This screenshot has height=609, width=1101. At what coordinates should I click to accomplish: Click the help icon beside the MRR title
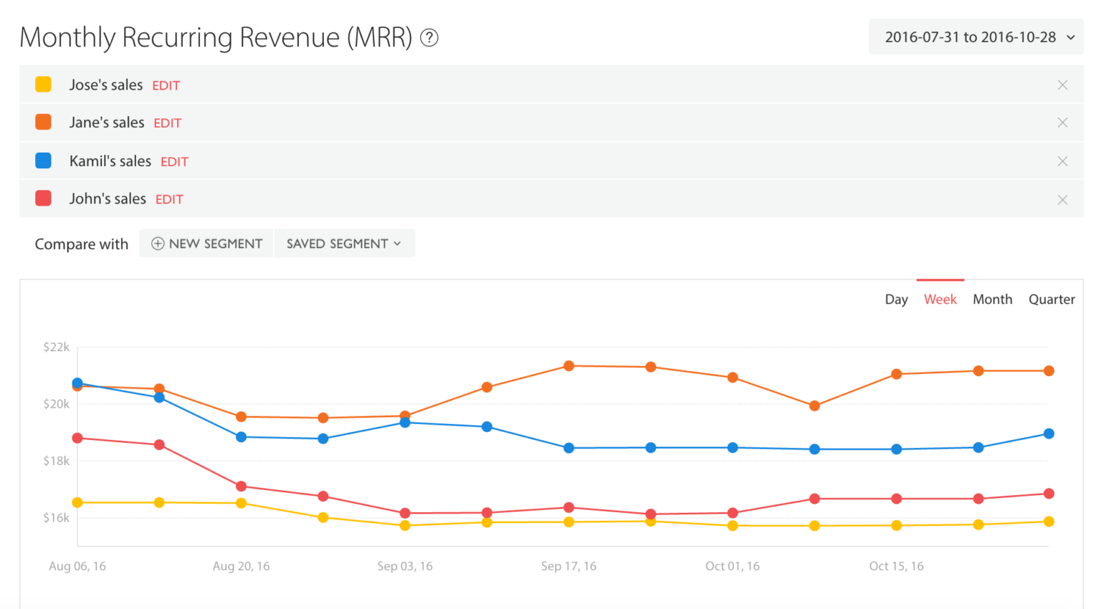429,37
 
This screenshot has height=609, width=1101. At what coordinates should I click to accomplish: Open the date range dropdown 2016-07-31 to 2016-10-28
976,37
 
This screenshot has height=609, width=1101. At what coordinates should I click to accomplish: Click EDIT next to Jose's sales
166,85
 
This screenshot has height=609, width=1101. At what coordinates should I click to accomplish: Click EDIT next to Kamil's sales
174,162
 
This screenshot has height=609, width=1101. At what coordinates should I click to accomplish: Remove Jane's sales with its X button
1062,123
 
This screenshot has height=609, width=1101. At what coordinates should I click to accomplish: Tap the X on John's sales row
1062,200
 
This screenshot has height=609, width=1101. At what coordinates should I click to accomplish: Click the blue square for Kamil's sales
44,160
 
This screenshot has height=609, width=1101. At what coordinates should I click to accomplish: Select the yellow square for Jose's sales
44,85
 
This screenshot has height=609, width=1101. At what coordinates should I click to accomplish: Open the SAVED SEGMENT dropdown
344,244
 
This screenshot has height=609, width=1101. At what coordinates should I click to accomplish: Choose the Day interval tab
896,299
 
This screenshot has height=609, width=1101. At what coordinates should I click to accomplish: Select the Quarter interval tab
1052,299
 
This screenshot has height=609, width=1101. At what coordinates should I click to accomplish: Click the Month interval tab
992,299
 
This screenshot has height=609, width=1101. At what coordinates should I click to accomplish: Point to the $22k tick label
56,347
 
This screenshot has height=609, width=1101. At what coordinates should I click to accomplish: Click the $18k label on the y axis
56,461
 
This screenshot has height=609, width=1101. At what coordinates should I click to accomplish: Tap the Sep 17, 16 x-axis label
568,566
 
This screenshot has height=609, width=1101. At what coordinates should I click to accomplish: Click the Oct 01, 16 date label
732,566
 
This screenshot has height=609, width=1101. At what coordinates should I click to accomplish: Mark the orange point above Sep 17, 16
569,366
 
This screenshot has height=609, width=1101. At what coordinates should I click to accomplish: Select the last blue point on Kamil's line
1049,433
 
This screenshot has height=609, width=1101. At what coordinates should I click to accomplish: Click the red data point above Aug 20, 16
242,486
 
